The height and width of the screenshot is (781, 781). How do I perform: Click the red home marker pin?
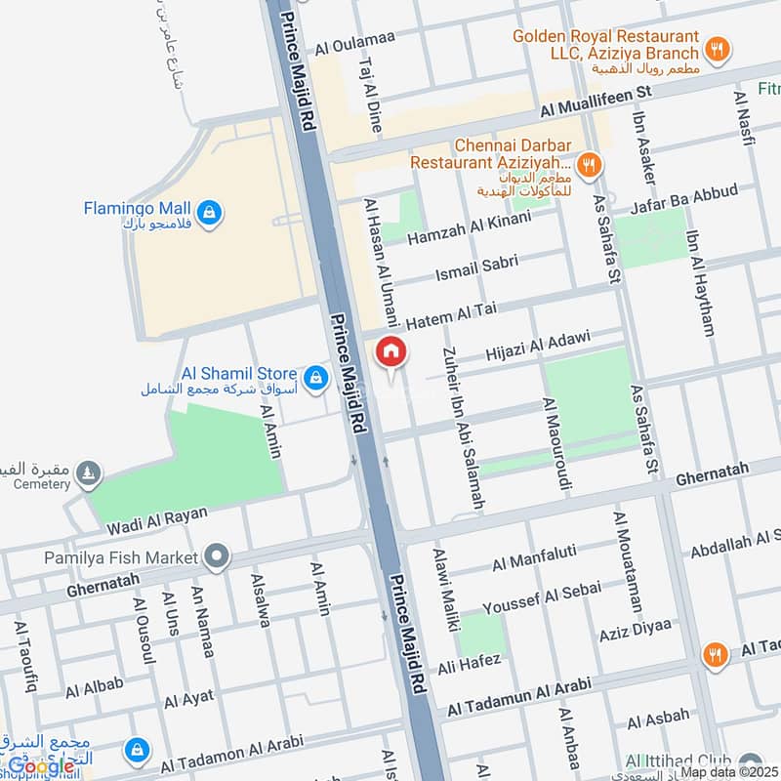[390, 351]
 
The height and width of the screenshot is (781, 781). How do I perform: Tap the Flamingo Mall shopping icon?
[207, 211]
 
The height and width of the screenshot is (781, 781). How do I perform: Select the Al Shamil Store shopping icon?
[314, 377]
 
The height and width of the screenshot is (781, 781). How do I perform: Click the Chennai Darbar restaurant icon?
[588, 165]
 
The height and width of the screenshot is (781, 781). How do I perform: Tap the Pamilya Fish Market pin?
[217, 557]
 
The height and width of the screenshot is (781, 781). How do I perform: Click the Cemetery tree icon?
[90, 473]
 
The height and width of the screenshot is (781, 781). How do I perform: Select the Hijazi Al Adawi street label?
[538, 345]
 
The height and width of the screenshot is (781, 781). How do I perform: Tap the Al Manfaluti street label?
[538, 561]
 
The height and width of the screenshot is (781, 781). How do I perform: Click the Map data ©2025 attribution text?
[725, 771]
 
